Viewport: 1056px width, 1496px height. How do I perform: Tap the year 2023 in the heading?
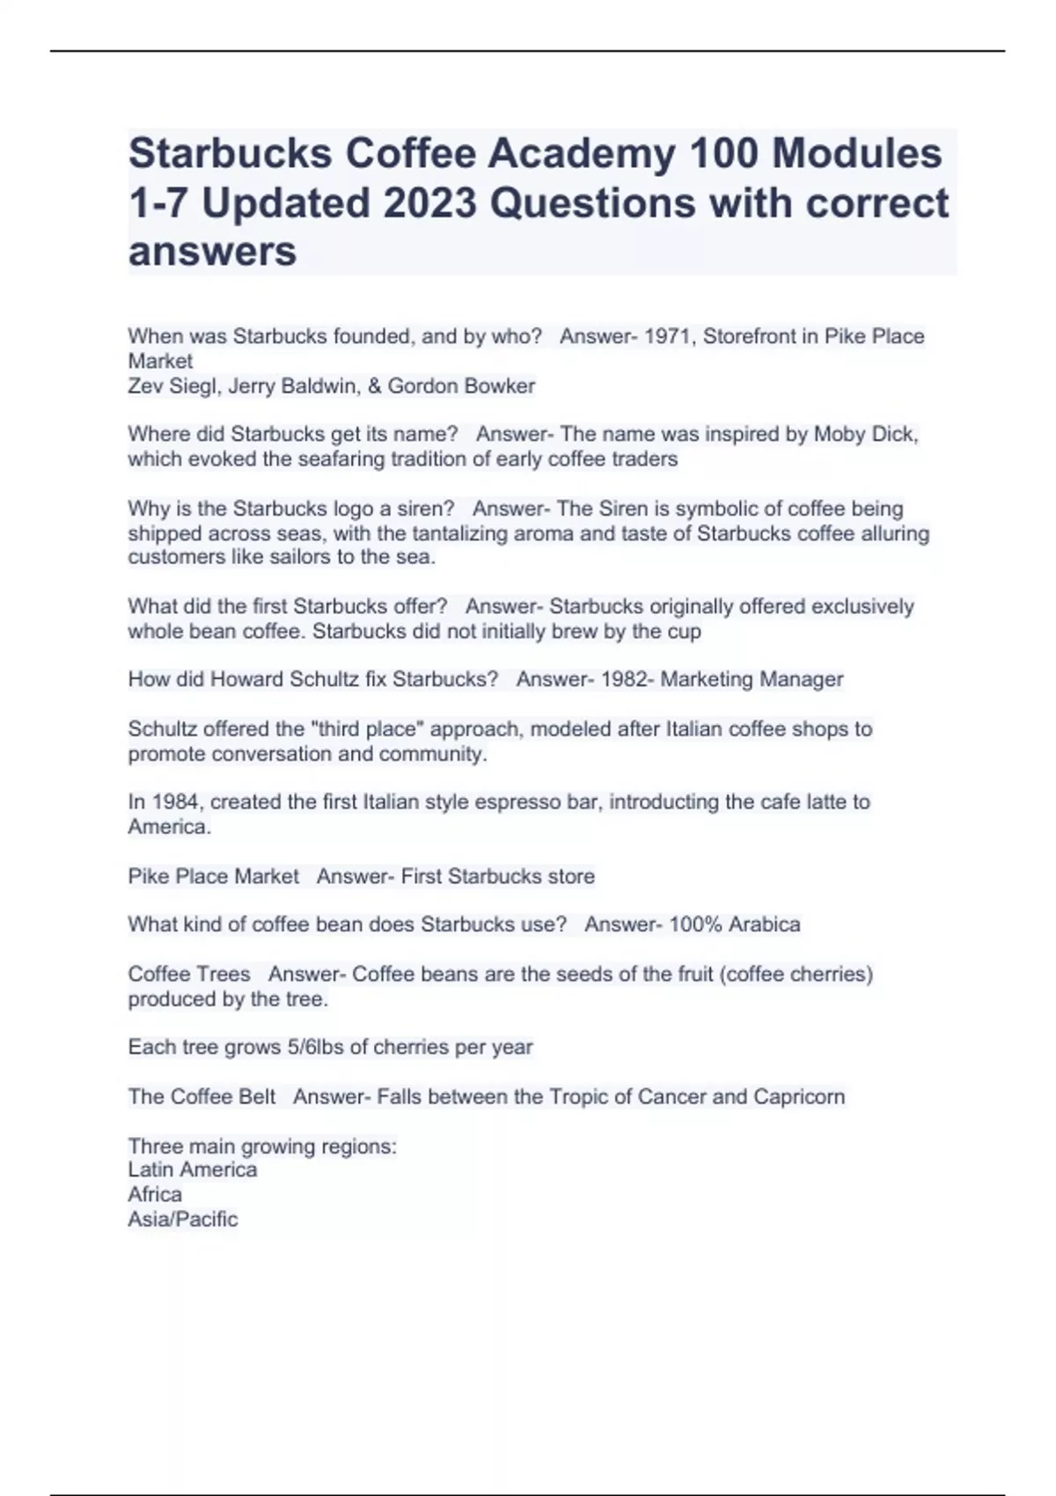tap(430, 203)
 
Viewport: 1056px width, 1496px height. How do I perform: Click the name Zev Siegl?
tap(172, 386)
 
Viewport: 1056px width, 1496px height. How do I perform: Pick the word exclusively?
tap(862, 606)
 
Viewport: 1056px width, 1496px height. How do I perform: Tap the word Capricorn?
tap(799, 1096)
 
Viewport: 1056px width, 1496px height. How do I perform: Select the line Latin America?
tap(193, 1170)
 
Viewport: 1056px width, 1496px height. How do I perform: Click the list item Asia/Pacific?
tap(183, 1219)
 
